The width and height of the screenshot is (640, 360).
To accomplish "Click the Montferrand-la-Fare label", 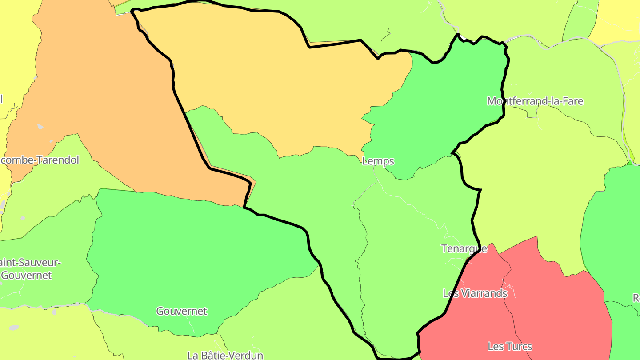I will click(535, 101).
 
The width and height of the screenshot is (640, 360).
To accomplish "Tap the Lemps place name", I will click(378, 161).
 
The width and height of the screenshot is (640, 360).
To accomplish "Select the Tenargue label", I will click(464, 248).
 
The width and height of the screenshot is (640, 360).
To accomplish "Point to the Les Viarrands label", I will click(475, 293).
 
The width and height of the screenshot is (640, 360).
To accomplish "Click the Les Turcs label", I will click(510, 346).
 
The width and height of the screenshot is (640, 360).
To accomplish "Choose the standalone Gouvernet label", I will click(181, 311).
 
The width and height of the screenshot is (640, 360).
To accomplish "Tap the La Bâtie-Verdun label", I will click(225, 355).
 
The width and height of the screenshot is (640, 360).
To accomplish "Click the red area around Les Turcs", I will click(556, 311).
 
